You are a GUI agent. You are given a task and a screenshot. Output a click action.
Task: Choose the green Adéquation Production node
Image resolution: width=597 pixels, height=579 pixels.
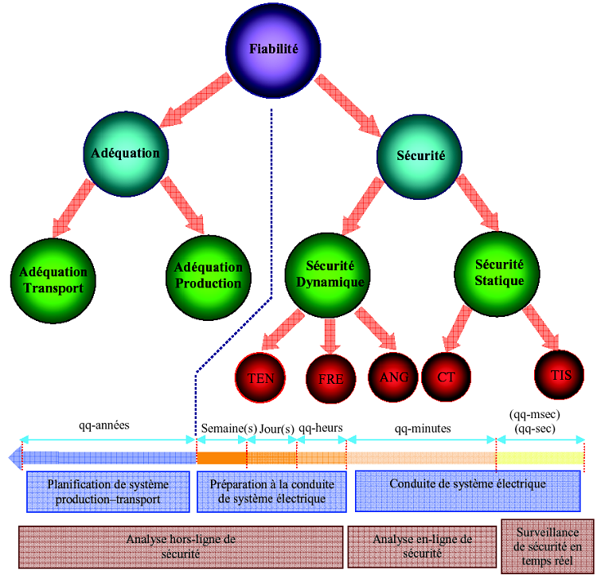click(x=208, y=276)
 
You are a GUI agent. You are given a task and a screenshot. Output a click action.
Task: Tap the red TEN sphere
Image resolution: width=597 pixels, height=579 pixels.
click(x=261, y=378)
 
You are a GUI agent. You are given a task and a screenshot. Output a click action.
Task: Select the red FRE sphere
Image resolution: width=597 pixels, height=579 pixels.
click(x=330, y=378)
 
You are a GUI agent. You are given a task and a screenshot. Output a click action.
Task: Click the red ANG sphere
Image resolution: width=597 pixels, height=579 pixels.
click(x=393, y=376)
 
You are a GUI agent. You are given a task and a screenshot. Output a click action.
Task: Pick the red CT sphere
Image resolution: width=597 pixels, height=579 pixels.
click(x=446, y=375)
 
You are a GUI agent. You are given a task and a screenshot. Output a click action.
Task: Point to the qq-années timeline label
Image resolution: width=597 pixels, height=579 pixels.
click(x=104, y=425)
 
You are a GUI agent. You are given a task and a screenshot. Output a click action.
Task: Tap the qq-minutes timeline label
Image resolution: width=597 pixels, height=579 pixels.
click(x=422, y=428)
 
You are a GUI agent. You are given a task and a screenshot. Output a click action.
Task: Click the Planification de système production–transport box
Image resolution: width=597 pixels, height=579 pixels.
click(x=108, y=491)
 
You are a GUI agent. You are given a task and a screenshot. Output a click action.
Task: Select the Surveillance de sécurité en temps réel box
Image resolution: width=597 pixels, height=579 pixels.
click(x=548, y=546)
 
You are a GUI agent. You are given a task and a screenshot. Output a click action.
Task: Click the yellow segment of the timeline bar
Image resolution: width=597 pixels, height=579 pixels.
click(x=540, y=458)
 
